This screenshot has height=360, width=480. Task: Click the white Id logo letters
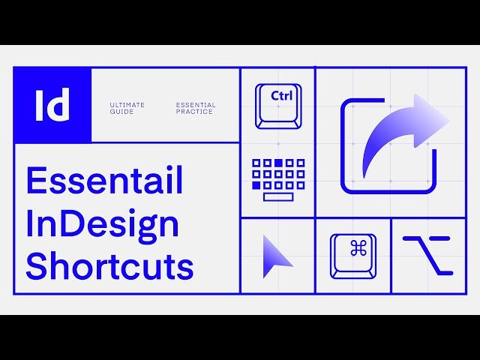(52, 104)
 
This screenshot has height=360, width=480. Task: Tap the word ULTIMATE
(127, 105)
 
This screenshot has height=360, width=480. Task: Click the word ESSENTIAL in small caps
(196, 105)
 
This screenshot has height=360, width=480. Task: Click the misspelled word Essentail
(105, 181)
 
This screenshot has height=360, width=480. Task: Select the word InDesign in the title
(103, 223)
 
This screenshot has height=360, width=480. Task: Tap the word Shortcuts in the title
(110, 265)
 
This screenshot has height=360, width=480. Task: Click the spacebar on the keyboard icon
(278, 197)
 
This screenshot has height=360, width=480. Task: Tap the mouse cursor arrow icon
(276, 256)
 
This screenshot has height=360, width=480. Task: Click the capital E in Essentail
(37, 181)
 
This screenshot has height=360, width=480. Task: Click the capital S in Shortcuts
(37, 265)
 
